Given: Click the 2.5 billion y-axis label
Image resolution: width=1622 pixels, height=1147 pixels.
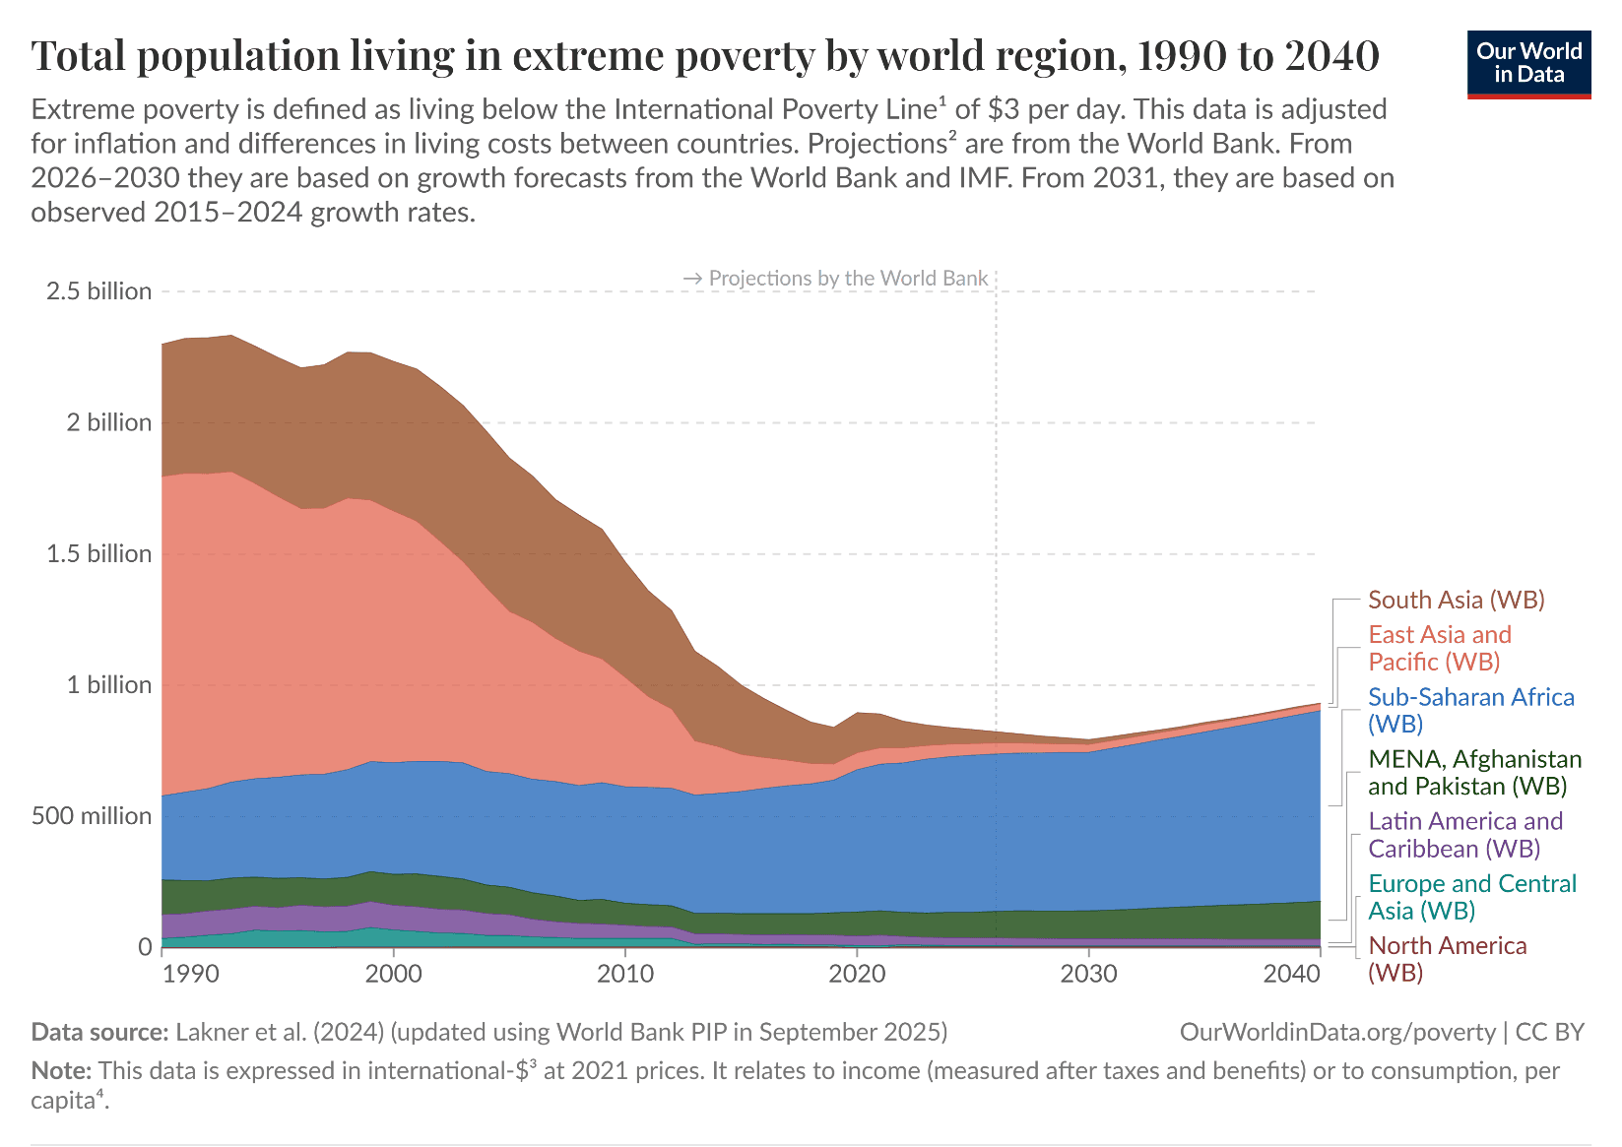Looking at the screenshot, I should pos(98,291).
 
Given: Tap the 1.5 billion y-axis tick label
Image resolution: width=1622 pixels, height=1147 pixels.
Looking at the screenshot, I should pos(98,554).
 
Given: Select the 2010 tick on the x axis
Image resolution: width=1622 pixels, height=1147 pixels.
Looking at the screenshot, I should pos(625,974).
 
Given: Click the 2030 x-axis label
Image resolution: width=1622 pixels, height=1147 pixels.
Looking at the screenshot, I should pos(1088,974).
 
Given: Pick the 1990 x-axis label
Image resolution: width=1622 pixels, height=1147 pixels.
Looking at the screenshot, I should pos(191,974).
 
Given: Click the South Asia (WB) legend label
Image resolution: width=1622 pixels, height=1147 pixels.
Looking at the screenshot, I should pos(1456,600).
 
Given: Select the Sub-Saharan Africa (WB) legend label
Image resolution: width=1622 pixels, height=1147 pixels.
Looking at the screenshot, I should pos(1470,710).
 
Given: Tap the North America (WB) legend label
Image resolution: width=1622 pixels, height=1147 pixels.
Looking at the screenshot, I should pos(1447,958).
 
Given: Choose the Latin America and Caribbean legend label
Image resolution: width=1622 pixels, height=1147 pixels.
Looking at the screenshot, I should pos(1465,834).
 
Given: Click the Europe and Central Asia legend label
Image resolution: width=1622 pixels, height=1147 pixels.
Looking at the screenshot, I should pos(1471,896).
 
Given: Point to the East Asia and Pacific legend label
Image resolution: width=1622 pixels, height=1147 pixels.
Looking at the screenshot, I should pos(1439,648).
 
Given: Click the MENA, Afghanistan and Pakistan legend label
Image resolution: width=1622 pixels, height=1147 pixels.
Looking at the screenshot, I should pos(1474,772).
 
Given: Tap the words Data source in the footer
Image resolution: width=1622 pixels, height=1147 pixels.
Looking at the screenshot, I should pos(99,1032).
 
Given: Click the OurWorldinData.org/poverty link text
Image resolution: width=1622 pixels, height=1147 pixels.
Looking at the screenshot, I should pos(1336,1032).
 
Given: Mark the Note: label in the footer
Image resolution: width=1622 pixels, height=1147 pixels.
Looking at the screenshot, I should pos(61,1070).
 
